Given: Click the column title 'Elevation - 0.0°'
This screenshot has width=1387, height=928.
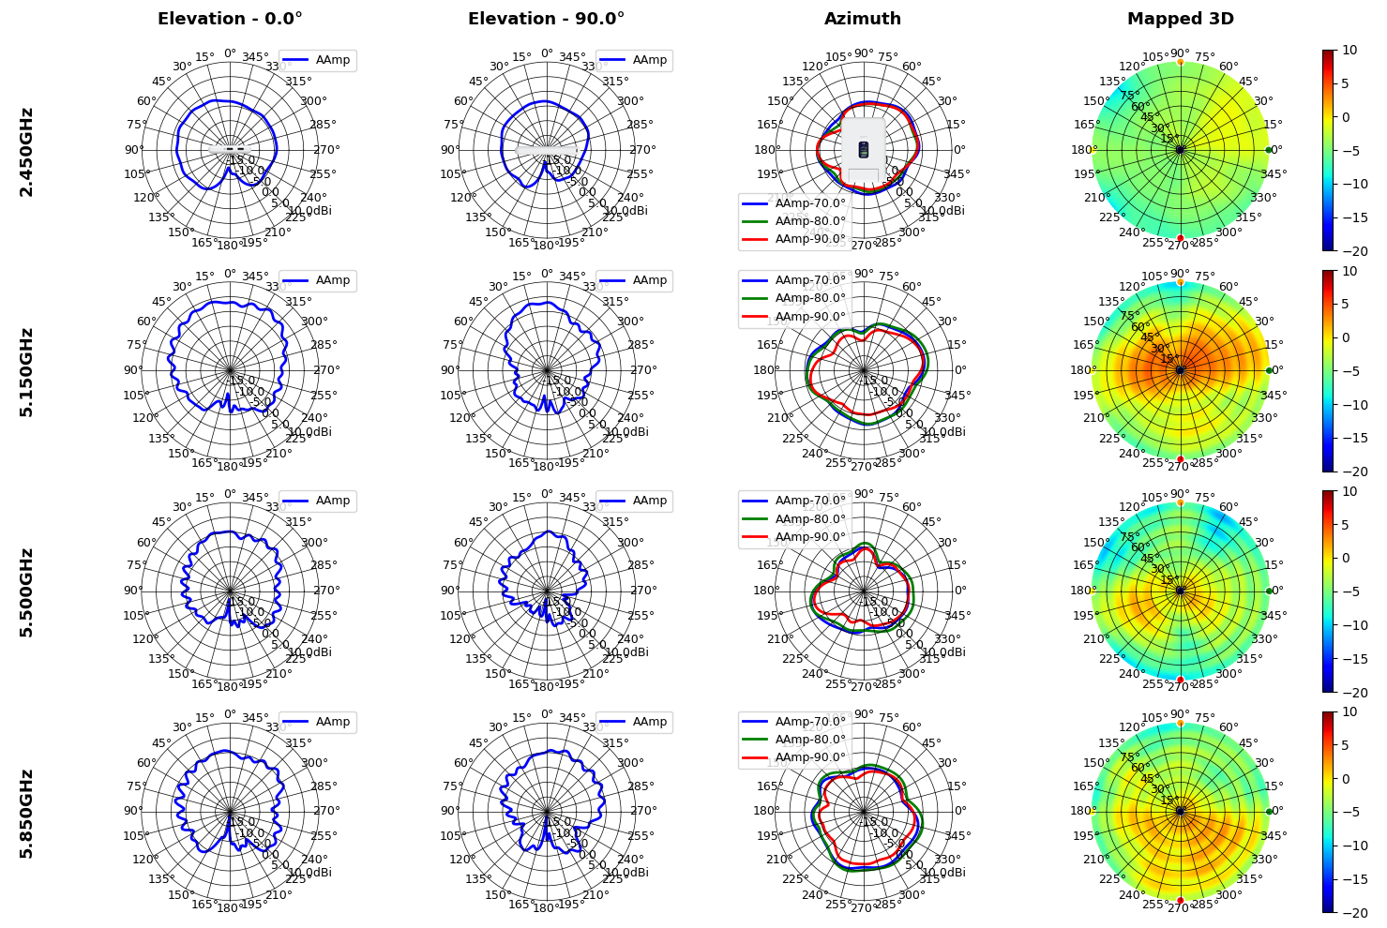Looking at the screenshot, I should (230, 19).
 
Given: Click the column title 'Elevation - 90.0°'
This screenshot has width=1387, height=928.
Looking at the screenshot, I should (546, 19).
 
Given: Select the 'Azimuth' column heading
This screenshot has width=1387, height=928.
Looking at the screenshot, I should (863, 19).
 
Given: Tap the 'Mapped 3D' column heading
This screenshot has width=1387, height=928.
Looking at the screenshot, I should (1180, 19).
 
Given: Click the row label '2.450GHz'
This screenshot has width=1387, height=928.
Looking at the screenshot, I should (27, 152).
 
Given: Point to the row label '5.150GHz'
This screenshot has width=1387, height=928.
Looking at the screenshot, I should (27, 372).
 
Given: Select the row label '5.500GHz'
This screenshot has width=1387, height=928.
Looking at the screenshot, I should (27, 592).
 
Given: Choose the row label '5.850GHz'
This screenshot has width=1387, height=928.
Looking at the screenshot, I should (27, 813).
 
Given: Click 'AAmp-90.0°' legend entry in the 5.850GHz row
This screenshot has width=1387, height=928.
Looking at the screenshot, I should (809, 757).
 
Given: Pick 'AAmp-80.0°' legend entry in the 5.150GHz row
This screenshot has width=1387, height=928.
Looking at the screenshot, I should (809, 298).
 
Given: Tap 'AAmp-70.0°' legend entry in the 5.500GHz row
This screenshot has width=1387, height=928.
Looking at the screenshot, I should (809, 501).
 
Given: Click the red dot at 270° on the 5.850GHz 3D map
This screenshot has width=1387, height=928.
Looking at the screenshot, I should (1180, 900).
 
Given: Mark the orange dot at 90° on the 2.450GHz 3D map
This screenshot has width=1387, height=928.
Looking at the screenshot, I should (1180, 62).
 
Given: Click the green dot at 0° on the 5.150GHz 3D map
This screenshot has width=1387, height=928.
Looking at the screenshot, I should (1269, 370).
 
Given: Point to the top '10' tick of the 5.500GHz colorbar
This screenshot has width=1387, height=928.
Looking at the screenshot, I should (1349, 491).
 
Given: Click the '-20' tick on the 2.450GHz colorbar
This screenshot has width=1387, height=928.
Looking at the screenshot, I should (1353, 251).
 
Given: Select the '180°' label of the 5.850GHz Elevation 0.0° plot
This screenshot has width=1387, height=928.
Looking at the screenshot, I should (230, 906).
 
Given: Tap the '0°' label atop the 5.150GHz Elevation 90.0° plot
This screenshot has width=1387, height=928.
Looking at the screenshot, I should (547, 274).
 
